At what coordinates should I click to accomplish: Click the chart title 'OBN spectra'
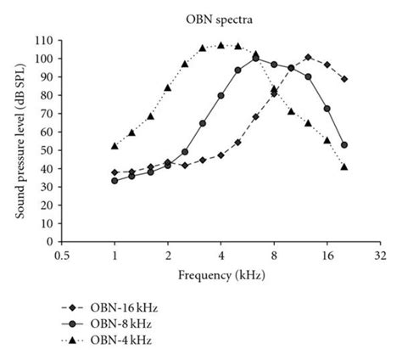point(200,16)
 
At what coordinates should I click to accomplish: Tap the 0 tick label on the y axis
point(51,242)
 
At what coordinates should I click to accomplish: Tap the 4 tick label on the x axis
point(221,255)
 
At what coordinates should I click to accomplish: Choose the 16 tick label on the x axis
point(327,255)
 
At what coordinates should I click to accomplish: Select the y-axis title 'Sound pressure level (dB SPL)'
point(19,141)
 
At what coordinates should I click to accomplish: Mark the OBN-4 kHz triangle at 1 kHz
point(114,145)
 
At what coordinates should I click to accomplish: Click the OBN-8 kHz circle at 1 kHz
point(114,180)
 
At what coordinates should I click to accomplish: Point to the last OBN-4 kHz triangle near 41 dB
point(343,166)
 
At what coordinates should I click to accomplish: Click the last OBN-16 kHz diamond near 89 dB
point(343,79)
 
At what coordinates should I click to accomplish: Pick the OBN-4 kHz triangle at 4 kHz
point(221,45)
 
